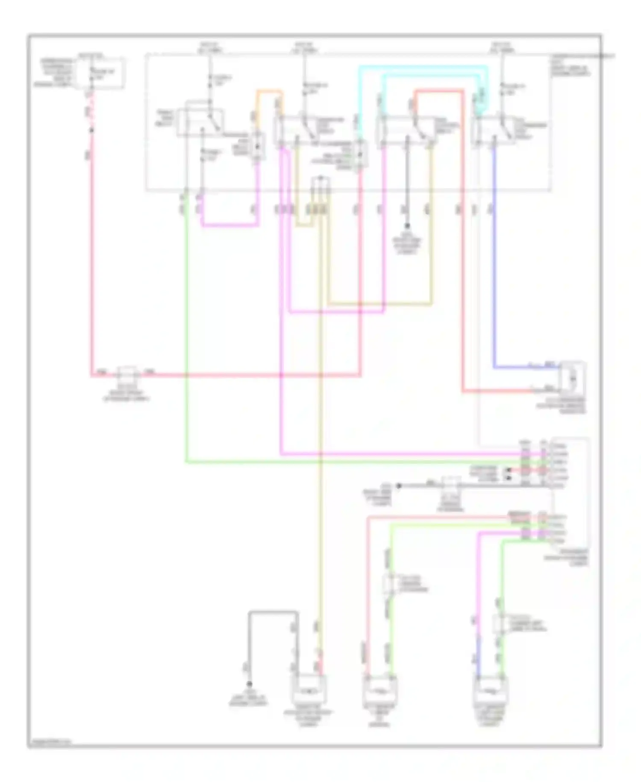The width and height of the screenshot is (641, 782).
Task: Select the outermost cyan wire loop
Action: coord(423,67)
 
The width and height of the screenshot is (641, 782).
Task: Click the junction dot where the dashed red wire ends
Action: coord(91,130)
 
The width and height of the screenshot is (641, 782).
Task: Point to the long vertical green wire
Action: coord(186,342)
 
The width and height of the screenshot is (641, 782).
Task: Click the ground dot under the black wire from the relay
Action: coord(407,225)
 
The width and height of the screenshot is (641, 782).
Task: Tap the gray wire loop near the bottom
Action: coord(273,612)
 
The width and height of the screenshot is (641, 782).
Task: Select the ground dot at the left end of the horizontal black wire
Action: coord(399,486)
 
